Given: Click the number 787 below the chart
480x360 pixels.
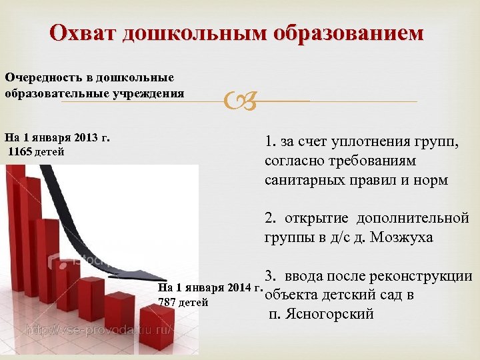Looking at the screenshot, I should (167, 302).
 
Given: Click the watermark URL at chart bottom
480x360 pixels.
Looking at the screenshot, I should (100, 329).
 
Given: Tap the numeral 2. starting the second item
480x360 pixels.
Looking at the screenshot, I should (270, 219).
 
